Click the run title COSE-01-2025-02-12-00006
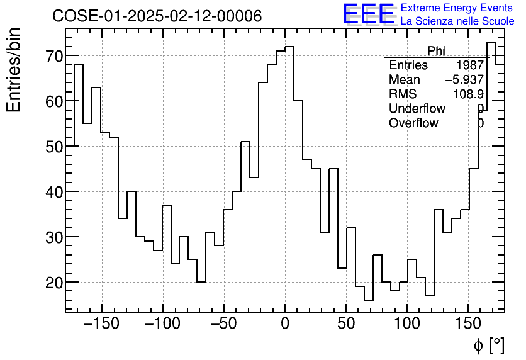click(x=157, y=16)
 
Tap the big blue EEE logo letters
click(x=368, y=14)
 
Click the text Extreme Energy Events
click(x=457, y=8)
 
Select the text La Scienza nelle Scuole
click(x=457, y=21)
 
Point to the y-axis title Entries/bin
click(x=14, y=70)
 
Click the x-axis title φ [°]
click(x=489, y=345)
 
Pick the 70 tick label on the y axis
click(x=50, y=56)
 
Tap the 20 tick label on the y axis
click(x=50, y=283)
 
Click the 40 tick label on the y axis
click(x=50, y=192)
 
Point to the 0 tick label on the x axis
click(x=285, y=323)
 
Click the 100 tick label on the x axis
click(x=407, y=323)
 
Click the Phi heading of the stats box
click(x=436, y=51)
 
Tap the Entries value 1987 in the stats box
click(x=470, y=65)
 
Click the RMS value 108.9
click(x=468, y=94)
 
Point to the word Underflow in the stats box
click(x=417, y=109)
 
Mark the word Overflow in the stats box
click(x=413, y=123)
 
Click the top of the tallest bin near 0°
click(x=289, y=47)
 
